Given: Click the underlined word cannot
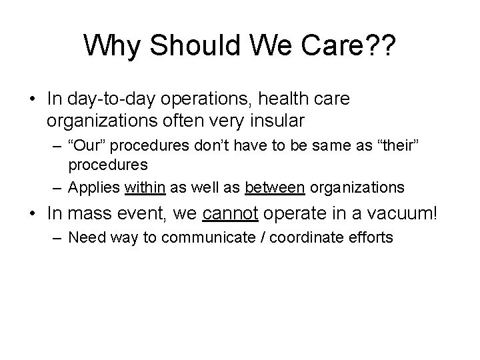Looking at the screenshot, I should click(229, 215).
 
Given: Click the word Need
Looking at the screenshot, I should click(85, 237).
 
